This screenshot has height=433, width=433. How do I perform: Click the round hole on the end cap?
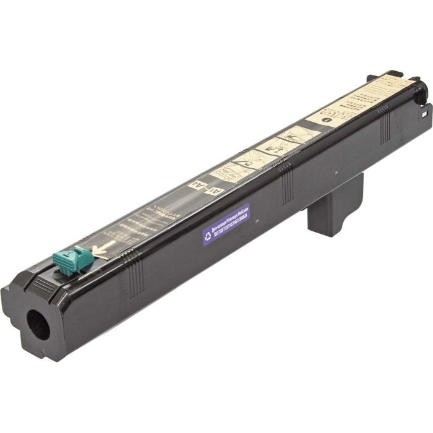[x=38, y=324]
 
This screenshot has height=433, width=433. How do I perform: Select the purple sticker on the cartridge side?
[x=226, y=224]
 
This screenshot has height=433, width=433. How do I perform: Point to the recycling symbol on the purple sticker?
[x=208, y=235]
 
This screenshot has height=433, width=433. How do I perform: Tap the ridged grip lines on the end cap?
[x=43, y=285]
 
